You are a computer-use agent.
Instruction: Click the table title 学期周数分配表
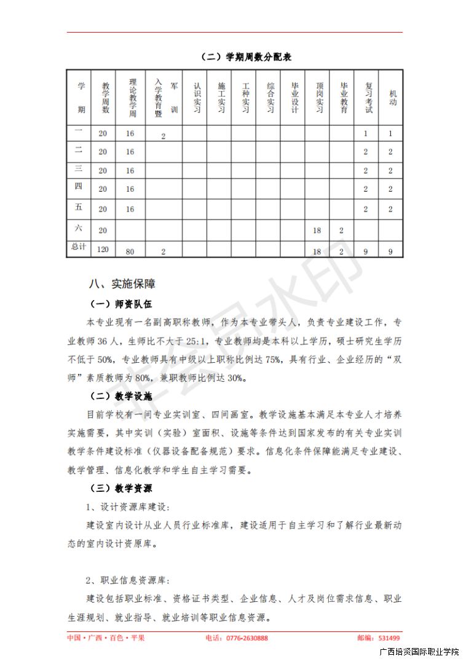pyautogui.click(x=246, y=57)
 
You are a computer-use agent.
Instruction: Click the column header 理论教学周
pyautogui.click(x=130, y=98)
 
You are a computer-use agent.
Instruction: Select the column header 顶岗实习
pyautogui.click(x=319, y=98)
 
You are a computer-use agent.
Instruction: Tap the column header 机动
pyautogui.click(x=392, y=98)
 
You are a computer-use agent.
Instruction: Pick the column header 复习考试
pyautogui.click(x=368, y=98)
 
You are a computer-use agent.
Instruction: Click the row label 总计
pyautogui.click(x=79, y=247)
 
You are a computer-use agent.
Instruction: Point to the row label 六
pyautogui.click(x=79, y=228)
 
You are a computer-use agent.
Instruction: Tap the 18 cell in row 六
pyautogui.click(x=317, y=230)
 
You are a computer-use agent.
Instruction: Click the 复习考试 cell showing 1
pyautogui.click(x=366, y=133)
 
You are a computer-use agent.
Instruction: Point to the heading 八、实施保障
pyautogui.click(x=122, y=284)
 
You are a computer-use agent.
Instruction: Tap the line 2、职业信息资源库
pyautogui.click(x=128, y=580)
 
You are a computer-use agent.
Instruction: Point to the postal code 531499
pyautogui.click(x=389, y=638)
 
